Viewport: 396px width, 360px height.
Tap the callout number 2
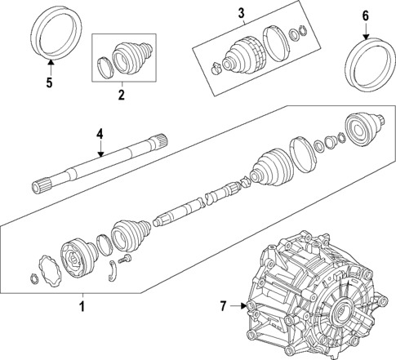point(121,95)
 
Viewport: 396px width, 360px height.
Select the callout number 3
point(240,11)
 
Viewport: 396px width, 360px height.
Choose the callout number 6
point(365,16)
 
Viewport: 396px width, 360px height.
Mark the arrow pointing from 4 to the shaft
point(99,149)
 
